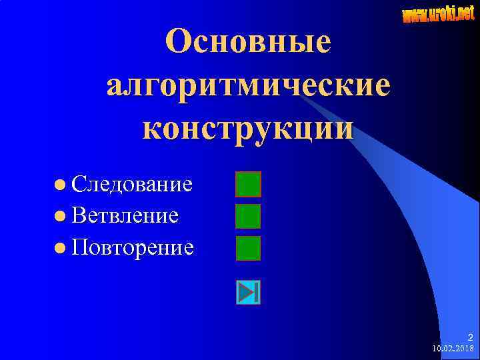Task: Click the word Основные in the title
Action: [248, 41]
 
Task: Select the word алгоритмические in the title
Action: [248, 84]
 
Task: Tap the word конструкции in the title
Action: [248, 127]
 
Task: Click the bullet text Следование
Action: [133, 183]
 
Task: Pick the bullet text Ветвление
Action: [125, 215]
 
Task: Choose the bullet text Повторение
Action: [133, 247]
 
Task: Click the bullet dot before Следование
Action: [61, 183]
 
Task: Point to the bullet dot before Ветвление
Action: [61, 215]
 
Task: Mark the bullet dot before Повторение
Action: [61, 248]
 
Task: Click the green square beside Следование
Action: [249, 184]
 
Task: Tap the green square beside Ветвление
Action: [249, 216]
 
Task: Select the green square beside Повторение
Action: [249, 248]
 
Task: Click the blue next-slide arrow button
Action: [248, 292]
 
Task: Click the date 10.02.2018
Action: [453, 349]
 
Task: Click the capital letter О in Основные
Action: [180, 41]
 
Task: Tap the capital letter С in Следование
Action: [79, 183]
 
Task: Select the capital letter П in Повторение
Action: [81, 247]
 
